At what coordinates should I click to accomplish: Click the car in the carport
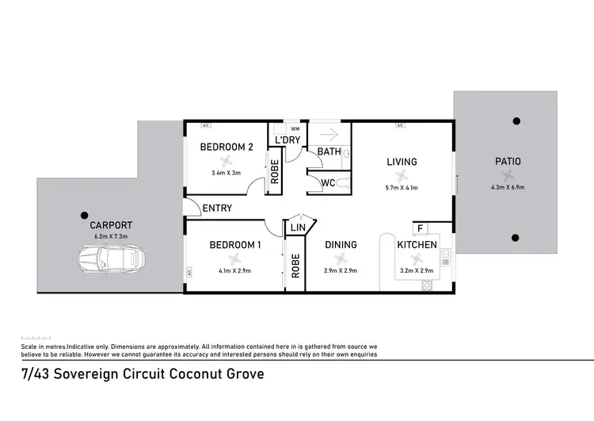pyautogui.click(x=111, y=258)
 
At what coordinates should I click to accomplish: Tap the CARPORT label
pyautogui.click(x=111, y=225)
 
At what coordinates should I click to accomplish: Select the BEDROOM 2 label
pyautogui.click(x=227, y=147)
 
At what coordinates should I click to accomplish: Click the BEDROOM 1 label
pyautogui.click(x=235, y=245)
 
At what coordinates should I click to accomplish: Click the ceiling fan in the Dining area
pyautogui.click(x=341, y=258)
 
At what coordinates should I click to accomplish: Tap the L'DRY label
pyautogui.click(x=286, y=140)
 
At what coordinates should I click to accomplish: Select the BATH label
pyautogui.click(x=329, y=151)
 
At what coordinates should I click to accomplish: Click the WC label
pyautogui.click(x=327, y=183)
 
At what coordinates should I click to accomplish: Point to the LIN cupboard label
pyautogui.click(x=298, y=228)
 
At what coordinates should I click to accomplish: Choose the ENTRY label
pyautogui.click(x=217, y=209)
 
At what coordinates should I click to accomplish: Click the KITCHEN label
pyautogui.click(x=417, y=245)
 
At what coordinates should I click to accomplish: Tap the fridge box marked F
pyautogui.click(x=421, y=229)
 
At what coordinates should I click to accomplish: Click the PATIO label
pyautogui.click(x=508, y=162)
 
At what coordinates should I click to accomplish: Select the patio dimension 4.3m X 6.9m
pyautogui.click(x=508, y=188)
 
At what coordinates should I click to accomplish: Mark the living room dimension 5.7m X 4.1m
pyautogui.click(x=402, y=188)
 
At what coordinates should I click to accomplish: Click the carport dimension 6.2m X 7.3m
pyautogui.click(x=111, y=236)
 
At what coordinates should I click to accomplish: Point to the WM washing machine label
pyautogui.click(x=295, y=128)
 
